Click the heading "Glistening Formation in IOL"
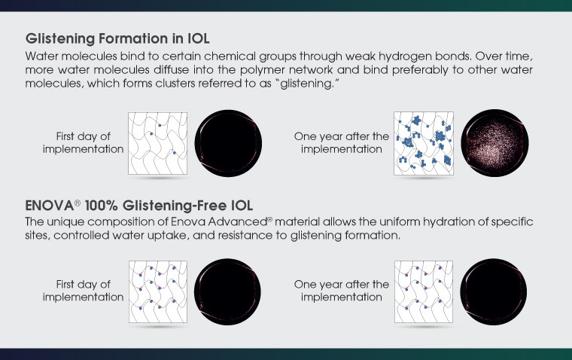(x=117, y=38)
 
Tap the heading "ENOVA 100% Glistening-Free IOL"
(x=139, y=206)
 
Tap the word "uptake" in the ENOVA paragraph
(x=167, y=236)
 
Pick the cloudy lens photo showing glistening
(x=494, y=143)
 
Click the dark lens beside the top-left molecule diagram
(x=228, y=143)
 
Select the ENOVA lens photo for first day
(x=227, y=291)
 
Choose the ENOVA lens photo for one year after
(x=494, y=291)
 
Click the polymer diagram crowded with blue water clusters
(x=424, y=143)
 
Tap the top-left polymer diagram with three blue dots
(x=157, y=143)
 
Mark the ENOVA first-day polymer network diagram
(x=158, y=291)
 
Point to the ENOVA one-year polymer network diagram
(x=424, y=291)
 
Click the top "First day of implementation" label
(x=84, y=143)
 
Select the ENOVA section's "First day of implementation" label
(x=84, y=291)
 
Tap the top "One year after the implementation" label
(x=342, y=143)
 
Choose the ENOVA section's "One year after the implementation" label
(x=342, y=291)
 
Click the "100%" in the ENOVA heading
(x=102, y=206)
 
